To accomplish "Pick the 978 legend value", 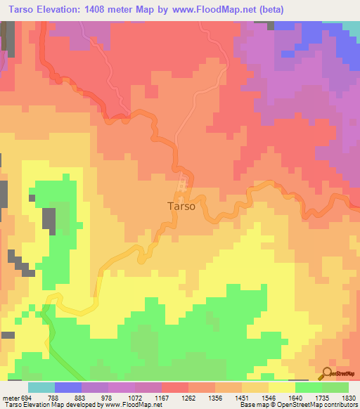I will click(108, 397).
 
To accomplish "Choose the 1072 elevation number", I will click(135, 397).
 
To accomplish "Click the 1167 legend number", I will click(162, 397).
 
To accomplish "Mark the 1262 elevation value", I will click(188, 397).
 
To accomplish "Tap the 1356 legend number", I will click(215, 397).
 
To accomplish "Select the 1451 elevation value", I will click(242, 397).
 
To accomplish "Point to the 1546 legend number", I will click(269, 397).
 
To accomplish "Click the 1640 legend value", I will click(295, 397).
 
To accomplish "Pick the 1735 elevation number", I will click(322, 397).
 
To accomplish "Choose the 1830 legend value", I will click(348, 397).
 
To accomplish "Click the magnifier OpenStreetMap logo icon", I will click(327, 373).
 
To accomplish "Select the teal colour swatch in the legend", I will click(41, 387).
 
